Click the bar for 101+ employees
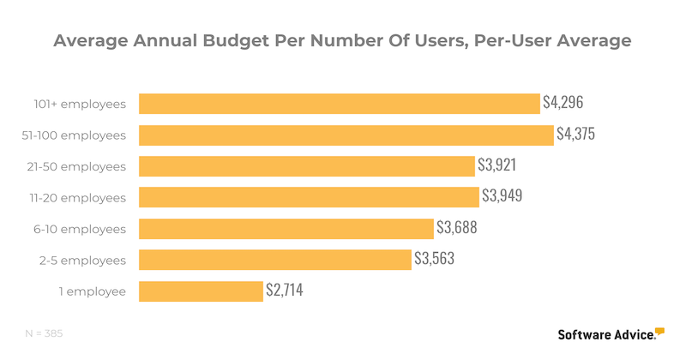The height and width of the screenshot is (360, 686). (339, 104)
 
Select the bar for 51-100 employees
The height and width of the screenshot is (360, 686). (346, 135)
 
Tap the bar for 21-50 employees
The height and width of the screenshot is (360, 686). (306, 166)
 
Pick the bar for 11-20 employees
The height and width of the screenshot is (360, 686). (309, 197)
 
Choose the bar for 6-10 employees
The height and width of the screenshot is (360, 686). (286, 229)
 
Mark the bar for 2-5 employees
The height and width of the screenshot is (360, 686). (274, 260)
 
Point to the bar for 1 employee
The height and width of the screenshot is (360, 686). (201, 291)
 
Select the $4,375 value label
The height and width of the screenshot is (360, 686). (575, 134)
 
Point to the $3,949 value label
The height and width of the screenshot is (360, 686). (501, 196)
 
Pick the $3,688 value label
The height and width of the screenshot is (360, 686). (456, 227)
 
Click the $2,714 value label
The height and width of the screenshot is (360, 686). (283, 290)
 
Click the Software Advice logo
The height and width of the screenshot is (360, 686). (611, 334)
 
